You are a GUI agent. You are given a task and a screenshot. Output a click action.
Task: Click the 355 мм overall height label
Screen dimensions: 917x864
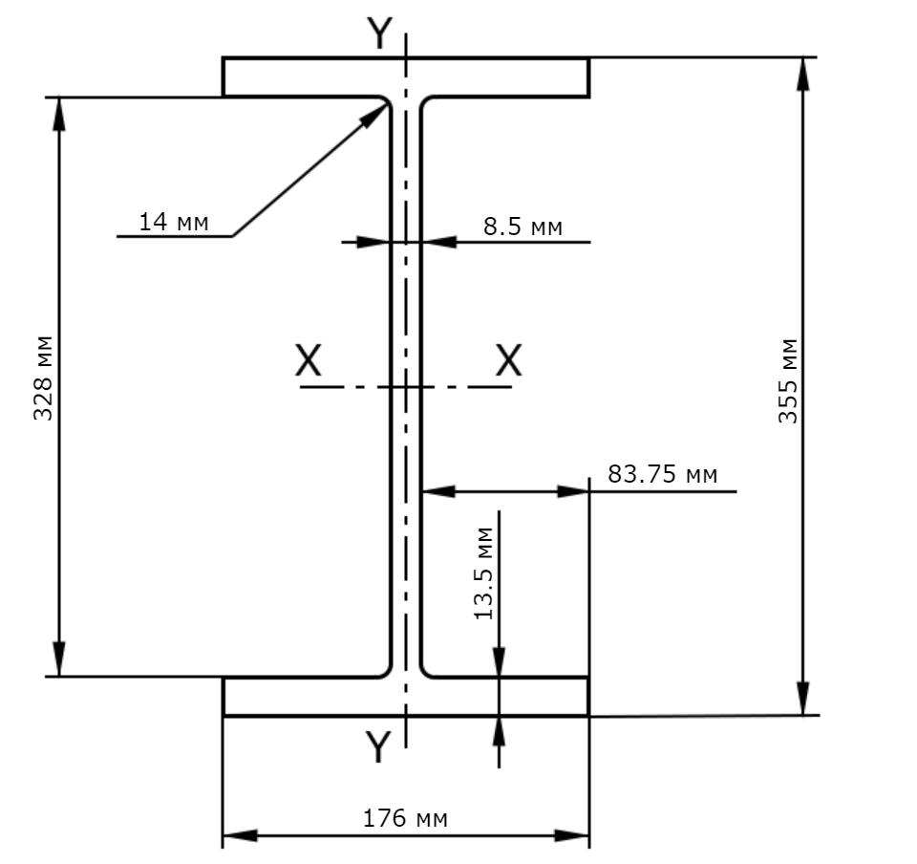(788, 380)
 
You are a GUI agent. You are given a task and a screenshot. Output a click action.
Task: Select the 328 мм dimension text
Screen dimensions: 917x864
(43, 378)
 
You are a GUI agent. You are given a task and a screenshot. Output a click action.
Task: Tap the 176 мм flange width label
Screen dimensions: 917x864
(405, 818)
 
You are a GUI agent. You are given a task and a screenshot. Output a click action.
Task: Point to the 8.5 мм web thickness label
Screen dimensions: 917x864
(522, 227)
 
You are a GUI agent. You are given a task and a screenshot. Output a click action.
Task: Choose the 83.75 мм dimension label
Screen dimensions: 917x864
(663, 474)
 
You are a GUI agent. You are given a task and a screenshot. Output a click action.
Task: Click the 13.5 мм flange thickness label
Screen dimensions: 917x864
(484, 573)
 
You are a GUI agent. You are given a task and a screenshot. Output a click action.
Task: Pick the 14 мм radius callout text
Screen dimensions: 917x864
(173, 222)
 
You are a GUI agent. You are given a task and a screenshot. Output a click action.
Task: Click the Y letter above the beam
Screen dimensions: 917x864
(379, 33)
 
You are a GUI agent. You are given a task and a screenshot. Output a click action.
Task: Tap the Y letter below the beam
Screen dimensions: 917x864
(378, 746)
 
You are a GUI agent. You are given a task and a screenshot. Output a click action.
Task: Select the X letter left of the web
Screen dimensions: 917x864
(309, 359)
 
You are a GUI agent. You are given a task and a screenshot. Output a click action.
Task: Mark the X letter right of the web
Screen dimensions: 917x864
(509, 359)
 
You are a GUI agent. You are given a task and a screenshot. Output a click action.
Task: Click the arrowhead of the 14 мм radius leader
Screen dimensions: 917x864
(374, 115)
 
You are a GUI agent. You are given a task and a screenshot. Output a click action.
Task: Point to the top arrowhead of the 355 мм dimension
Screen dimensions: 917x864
(803, 75)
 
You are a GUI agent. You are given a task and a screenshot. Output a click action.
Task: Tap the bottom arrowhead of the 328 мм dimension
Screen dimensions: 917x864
(58, 659)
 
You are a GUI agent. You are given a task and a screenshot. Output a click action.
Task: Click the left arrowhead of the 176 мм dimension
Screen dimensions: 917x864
(240, 835)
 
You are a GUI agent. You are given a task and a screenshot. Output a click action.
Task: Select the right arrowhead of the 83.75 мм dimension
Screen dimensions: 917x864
(573, 491)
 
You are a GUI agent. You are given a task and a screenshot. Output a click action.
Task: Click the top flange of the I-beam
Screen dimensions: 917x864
(406, 77)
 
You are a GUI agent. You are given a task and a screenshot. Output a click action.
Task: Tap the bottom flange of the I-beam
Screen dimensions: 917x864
(406, 696)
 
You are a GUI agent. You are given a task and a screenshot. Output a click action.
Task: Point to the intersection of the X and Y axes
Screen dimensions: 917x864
(406, 387)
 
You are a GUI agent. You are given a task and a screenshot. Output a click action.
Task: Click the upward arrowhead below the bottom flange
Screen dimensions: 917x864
(499, 732)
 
